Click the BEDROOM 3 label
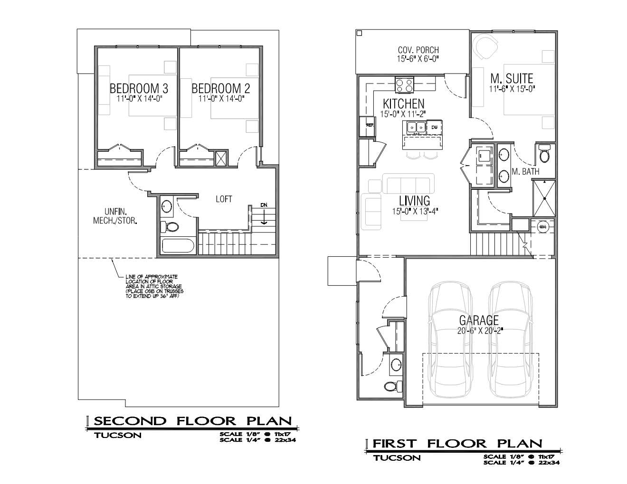click(x=139, y=89)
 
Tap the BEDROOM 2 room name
click(x=221, y=89)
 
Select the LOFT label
click(x=224, y=199)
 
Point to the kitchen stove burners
click(x=404, y=85)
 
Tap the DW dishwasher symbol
click(x=434, y=127)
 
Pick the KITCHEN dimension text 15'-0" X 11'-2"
click(x=403, y=114)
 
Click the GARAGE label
click(x=479, y=320)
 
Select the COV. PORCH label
click(x=418, y=50)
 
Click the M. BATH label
click(x=525, y=171)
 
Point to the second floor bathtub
click(x=178, y=246)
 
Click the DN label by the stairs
click(x=264, y=205)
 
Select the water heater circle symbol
click(x=543, y=226)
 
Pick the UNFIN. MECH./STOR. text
click(x=115, y=216)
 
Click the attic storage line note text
click(x=154, y=286)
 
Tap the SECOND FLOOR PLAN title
click(x=193, y=421)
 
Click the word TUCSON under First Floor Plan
click(x=397, y=458)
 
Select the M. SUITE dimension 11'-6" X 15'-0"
click(x=512, y=89)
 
